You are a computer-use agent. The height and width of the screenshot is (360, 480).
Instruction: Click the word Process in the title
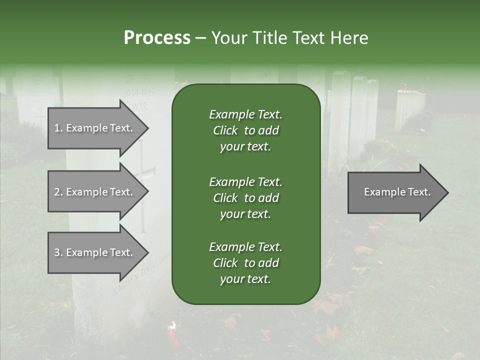tap(157, 38)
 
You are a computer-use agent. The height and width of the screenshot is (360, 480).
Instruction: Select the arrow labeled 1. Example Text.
tap(95, 128)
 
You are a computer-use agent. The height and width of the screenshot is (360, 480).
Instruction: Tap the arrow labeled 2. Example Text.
tap(95, 192)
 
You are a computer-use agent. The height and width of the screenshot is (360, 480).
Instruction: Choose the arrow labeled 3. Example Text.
tap(95, 252)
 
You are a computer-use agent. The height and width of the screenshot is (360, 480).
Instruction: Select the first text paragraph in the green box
tap(245, 130)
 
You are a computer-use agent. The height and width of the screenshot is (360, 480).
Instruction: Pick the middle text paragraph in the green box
tap(245, 198)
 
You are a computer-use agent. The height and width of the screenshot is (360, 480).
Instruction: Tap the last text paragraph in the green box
tap(245, 263)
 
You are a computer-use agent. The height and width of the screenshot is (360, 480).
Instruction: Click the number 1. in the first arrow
tap(58, 128)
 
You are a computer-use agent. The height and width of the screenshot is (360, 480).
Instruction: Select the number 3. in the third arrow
tap(58, 252)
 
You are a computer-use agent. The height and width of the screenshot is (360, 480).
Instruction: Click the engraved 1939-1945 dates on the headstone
tap(139, 93)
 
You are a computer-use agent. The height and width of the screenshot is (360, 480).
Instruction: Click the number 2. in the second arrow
tap(58, 192)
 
